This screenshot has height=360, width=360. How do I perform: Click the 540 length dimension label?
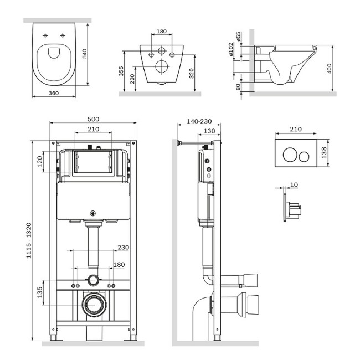pyautogui.click(x=85, y=54)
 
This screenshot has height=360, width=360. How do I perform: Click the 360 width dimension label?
pyautogui.click(x=54, y=93)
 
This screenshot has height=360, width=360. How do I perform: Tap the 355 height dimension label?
pyautogui.click(x=121, y=71)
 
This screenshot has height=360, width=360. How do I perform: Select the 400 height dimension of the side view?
pyautogui.click(x=329, y=69)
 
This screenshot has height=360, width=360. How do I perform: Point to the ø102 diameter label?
pyautogui.click(x=231, y=49)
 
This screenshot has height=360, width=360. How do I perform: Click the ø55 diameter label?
pyautogui.click(x=238, y=36)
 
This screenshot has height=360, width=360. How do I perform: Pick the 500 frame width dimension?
pyautogui.click(x=94, y=119)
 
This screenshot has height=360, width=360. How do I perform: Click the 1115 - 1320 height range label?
pyautogui.click(x=28, y=240)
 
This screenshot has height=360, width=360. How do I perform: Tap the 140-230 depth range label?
pyautogui.click(x=199, y=121)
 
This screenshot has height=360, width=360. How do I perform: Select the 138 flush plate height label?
pyautogui.click(x=324, y=153)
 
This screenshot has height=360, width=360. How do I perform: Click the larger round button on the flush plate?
pyautogui.click(x=290, y=155)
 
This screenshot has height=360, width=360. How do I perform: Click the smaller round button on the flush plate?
pyautogui.click(x=304, y=156)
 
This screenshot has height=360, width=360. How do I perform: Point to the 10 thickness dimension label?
pyautogui.click(x=294, y=184)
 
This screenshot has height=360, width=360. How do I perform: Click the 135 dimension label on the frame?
pyautogui.click(x=39, y=292)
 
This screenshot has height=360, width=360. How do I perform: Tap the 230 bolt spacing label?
pyautogui.click(x=124, y=248)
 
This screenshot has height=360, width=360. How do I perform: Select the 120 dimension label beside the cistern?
pyautogui.click(x=39, y=161)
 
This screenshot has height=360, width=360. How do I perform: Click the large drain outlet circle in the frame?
pyautogui.click(x=94, y=305)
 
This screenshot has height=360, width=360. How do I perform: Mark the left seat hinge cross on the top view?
pyautogui.click(x=45, y=35)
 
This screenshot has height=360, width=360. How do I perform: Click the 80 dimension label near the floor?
pyautogui.click(x=238, y=87)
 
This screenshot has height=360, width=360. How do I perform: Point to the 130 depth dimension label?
pyautogui.click(x=209, y=131)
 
